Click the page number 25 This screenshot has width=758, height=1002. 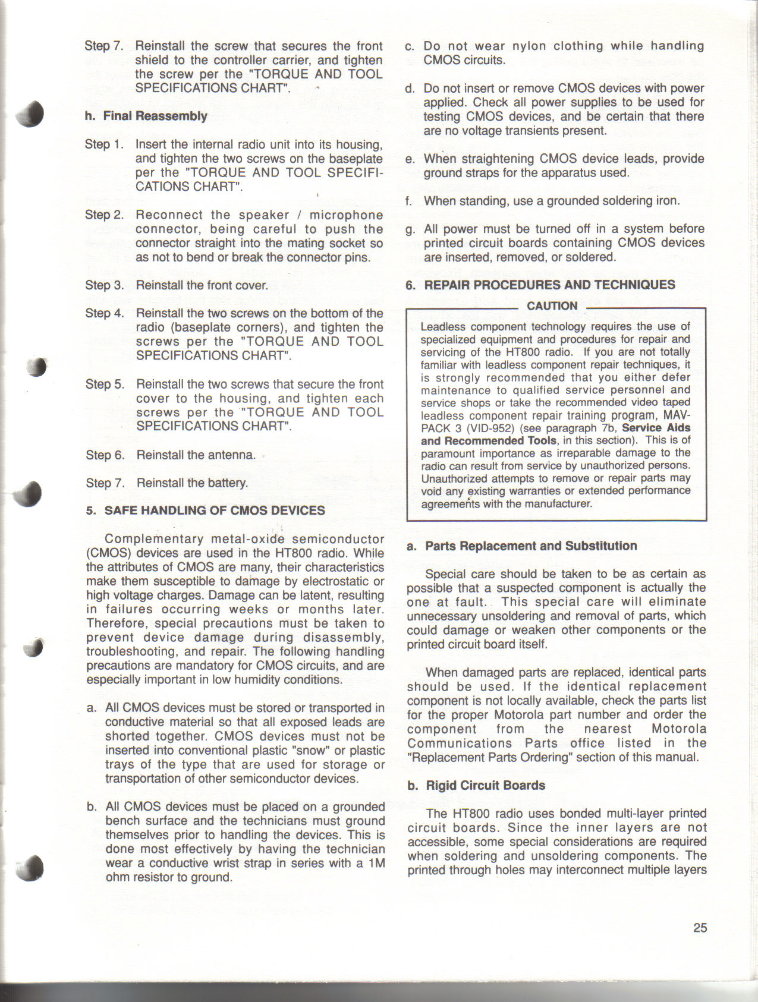700,927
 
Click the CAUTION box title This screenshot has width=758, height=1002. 552,306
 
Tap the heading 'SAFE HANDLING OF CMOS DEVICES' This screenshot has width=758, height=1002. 215,511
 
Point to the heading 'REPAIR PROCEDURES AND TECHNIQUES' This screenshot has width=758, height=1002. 549,285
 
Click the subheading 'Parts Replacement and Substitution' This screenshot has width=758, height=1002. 531,546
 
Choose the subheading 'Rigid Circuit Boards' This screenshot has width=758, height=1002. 485,785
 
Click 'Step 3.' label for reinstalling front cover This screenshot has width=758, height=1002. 105,285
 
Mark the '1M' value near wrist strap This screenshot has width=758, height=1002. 376,863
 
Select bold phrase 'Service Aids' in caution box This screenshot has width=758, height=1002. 656,428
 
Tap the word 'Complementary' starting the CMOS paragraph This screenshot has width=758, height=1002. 154,539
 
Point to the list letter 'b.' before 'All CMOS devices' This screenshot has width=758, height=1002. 92,807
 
